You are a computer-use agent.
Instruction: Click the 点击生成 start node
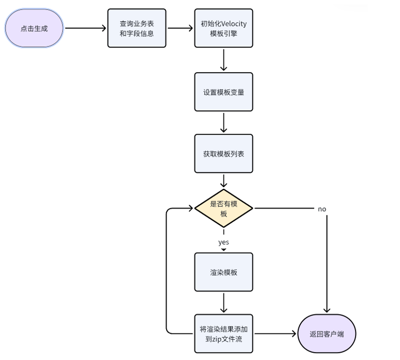(x=34, y=28)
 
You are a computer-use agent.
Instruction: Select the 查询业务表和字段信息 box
(x=137, y=28)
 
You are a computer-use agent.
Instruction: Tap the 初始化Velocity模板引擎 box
(x=223, y=28)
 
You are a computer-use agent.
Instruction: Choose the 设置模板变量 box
(x=223, y=92)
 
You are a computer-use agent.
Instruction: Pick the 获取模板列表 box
(x=223, y=153)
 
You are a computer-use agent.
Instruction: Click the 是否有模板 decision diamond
(x=223, y=209)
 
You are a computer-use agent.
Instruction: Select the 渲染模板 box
(x=223, y=272)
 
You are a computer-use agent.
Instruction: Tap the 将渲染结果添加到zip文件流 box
(x=223, y=333)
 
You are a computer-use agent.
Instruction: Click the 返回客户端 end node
(x=327, y=333)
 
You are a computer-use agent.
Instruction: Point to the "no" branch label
(x=322, y=209)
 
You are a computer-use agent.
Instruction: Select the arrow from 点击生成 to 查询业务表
(x=85, y=28)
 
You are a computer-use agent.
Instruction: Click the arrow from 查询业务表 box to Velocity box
(x=180, y=28)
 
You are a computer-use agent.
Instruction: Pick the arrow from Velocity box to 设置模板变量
(x=223, y=60)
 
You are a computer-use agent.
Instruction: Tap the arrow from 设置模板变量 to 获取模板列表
(x=223, y=123)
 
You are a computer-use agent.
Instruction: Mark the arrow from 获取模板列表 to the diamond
(x=223, y=180)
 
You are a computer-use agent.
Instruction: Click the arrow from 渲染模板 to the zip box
(x=223, y=303)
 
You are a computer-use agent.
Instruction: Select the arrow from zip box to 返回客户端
(x=275, y=333)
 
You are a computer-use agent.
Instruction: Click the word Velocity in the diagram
(x=234, y=24)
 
